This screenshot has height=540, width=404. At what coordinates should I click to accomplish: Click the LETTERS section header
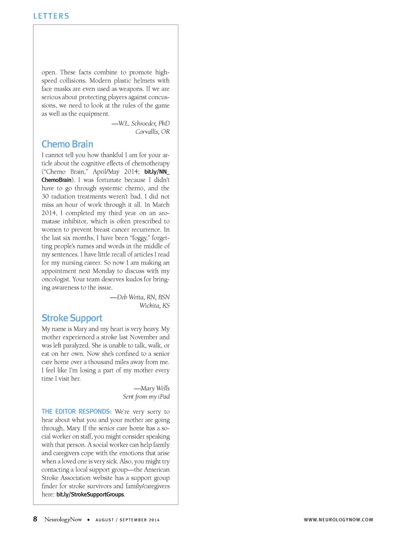click(51, 16)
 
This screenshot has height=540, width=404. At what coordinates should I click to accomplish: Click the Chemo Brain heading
click(67, 144)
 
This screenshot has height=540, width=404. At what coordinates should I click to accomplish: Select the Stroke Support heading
click(72, 318)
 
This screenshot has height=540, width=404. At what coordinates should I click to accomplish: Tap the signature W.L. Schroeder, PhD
click(141, 123)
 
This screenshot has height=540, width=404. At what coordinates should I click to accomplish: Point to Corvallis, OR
click(152, 132)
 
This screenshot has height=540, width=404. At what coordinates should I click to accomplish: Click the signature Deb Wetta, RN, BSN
click(140, 297)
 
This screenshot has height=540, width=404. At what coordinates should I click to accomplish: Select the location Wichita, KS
click(154, 305)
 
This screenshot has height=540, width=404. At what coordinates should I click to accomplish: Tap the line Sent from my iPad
click(146, 397)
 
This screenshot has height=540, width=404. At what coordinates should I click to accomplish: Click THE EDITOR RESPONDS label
click(77, 411)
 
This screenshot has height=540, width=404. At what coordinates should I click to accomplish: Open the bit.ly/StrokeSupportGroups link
click(90, 494)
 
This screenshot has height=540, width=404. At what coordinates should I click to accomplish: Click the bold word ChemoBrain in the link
click(56, 180)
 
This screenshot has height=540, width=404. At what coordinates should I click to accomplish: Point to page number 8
click(35, 519)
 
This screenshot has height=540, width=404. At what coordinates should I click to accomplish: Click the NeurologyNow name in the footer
click(63, 519)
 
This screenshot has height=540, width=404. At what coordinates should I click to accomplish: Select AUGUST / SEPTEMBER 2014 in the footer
click(128, 520)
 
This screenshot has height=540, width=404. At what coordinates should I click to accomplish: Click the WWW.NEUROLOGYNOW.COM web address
click(338, 520)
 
